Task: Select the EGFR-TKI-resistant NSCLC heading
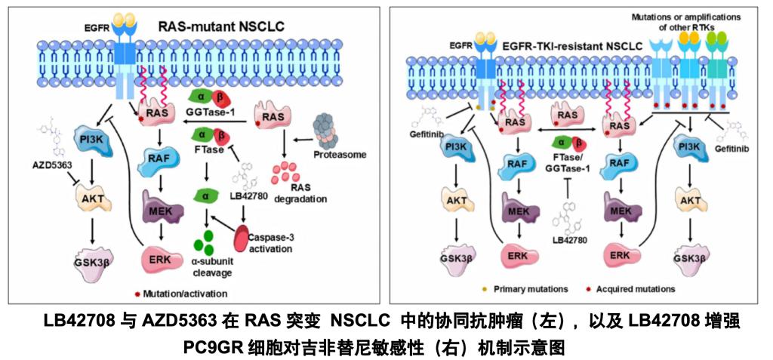580,47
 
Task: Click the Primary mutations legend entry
529,289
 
